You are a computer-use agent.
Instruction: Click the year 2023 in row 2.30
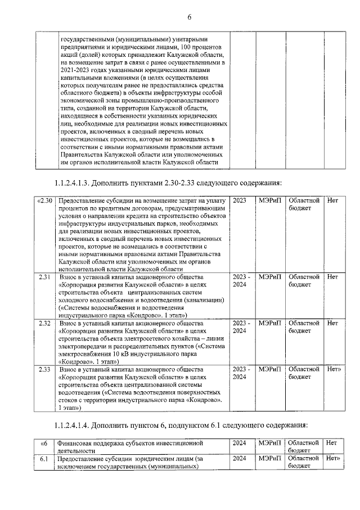pyautogui.click(x=239, y=200)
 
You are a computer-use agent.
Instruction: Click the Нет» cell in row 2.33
pyautogui.click(x=335, y=369)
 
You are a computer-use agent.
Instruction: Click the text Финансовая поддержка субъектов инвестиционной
pyautogui.click(x=134, y=443)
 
